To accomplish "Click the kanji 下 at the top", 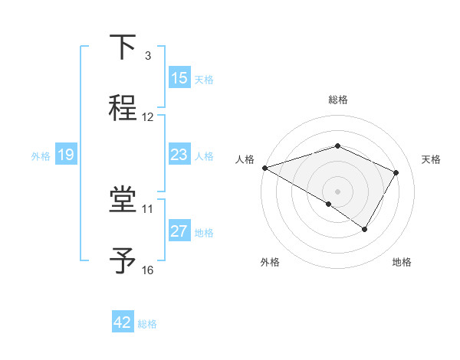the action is [123, 47].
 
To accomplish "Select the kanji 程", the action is [123, 106].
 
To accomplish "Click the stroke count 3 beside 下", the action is [148, 56].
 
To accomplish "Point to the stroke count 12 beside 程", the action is [148, 117].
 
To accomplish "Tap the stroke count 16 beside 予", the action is [148, 270].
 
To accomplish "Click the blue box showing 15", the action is [179, 78].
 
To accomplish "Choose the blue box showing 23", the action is [179, 155].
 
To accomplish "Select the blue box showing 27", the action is [179, 231].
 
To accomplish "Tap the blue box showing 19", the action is [65, 155].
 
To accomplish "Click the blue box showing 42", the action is [123, 322].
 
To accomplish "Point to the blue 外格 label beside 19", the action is [41, 156].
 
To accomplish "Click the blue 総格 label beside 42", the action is [147, 324].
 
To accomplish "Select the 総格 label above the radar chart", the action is [337, 100].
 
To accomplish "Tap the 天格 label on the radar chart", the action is [432, 159].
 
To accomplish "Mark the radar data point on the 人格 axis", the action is [264, 168].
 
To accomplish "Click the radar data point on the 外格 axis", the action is [329, 204].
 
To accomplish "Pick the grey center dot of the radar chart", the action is [337, 191].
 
